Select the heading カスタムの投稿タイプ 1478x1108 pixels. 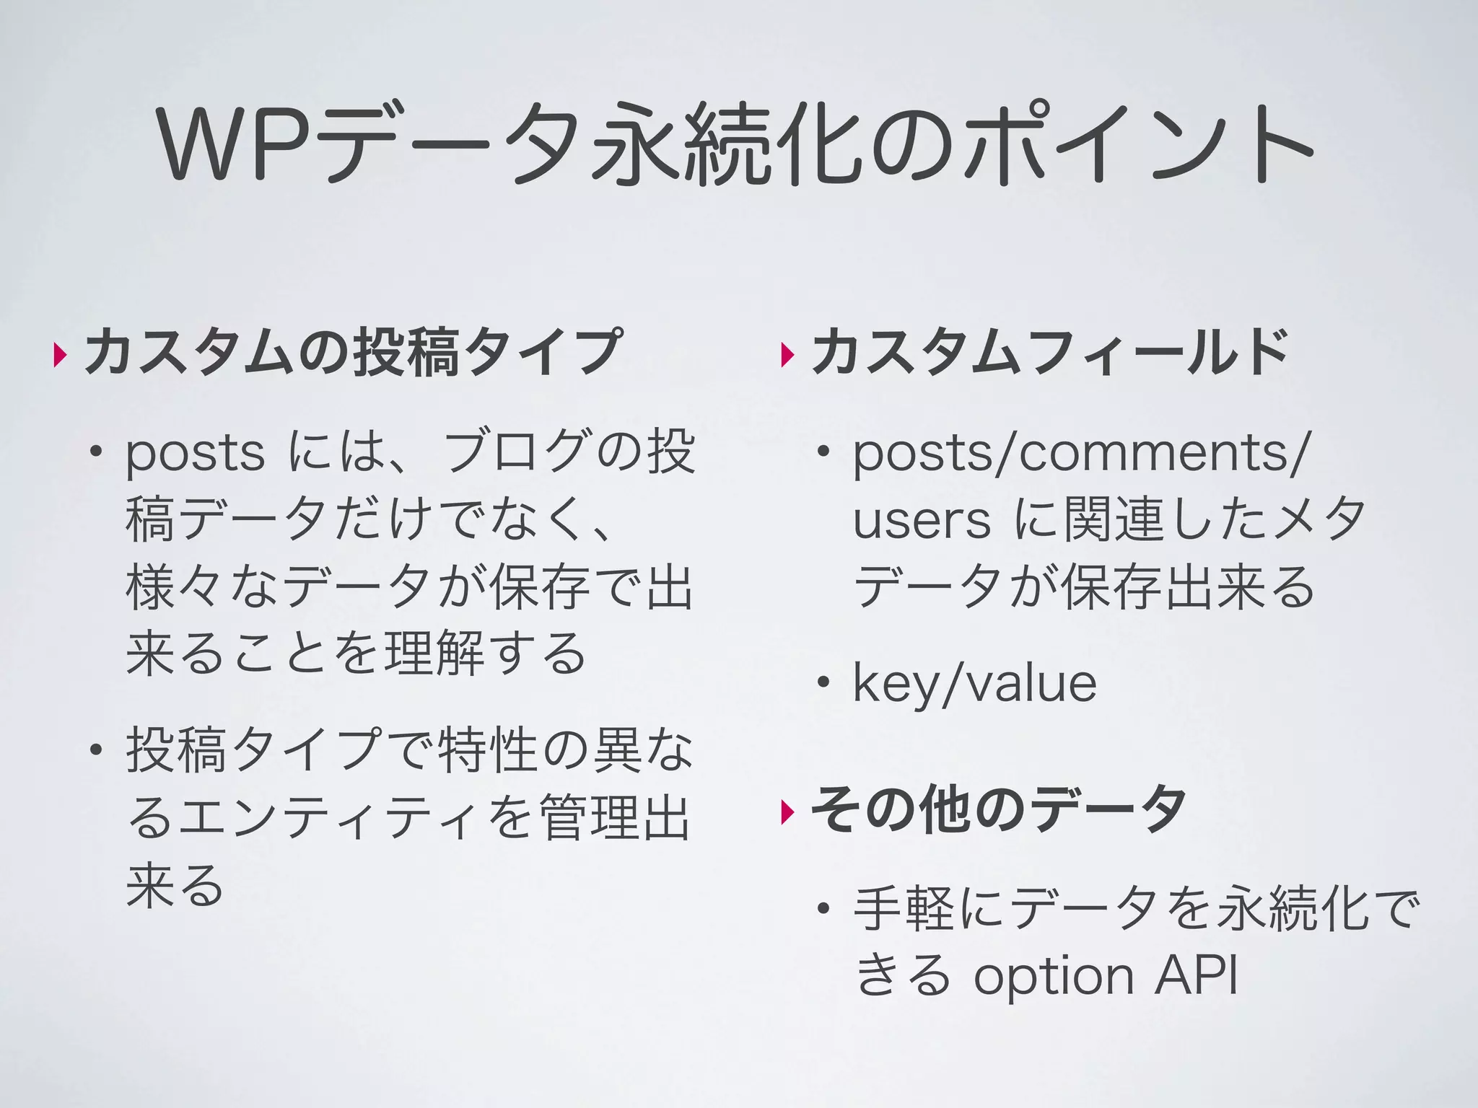pos(352,352)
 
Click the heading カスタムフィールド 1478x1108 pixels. pos(1050,352)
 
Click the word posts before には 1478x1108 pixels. pos(196,454)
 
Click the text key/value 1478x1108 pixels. pos(974,683)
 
